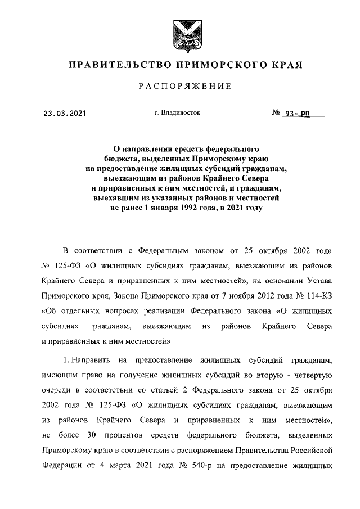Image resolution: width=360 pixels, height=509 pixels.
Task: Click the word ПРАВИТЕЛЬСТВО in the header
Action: coord(117,65)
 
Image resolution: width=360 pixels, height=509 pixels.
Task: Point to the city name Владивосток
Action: coord(181,112)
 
